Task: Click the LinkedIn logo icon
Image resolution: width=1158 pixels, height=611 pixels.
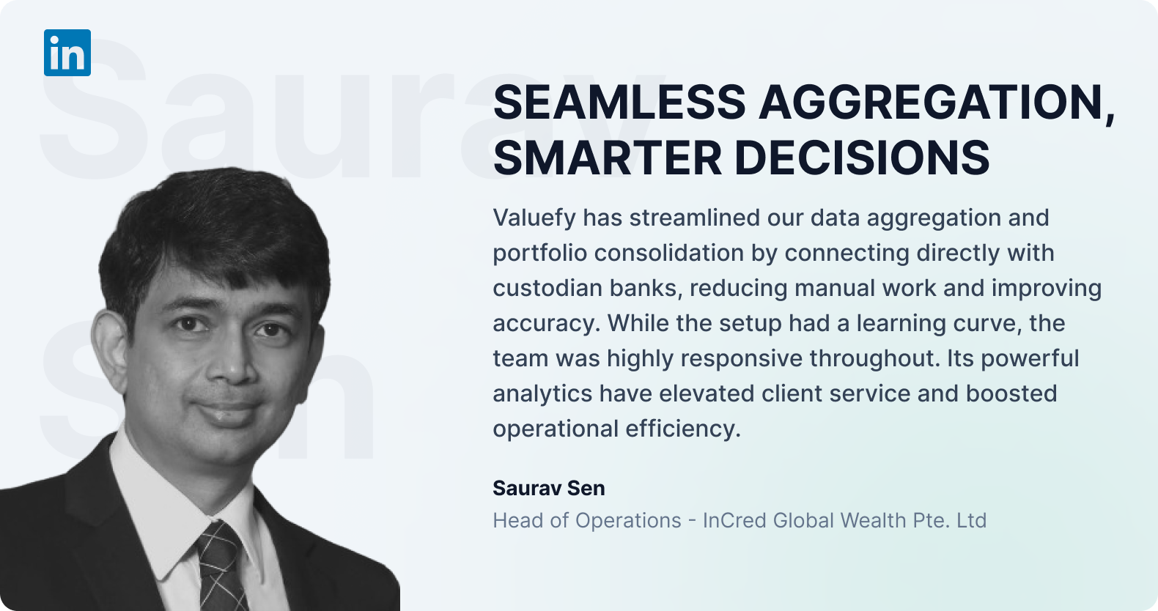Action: point(67,53)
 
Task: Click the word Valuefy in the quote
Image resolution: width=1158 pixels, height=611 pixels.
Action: point(534,218)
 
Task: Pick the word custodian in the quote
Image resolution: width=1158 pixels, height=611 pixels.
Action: point(547,288)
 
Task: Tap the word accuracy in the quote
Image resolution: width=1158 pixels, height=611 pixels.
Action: point(547,324)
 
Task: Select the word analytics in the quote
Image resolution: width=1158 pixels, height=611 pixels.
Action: point(542,394)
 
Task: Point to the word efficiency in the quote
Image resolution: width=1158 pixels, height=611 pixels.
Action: point(683,429)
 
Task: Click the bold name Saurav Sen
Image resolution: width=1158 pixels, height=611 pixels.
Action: point(548,488)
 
